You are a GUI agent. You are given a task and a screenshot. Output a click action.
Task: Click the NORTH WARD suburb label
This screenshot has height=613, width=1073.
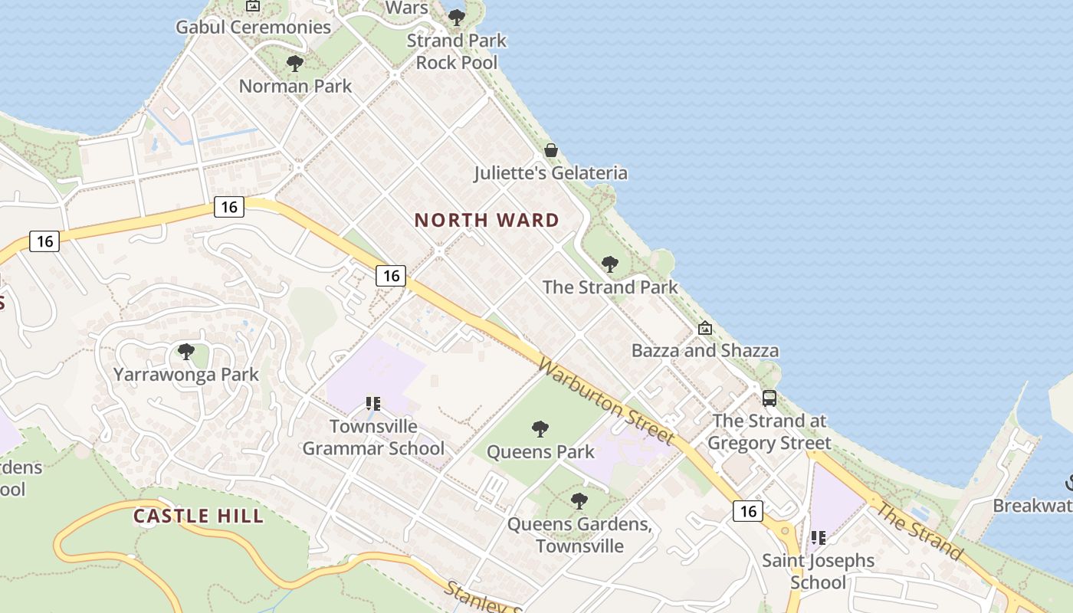(487, 221)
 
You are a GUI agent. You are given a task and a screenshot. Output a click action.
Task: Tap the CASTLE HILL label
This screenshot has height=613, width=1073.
(199, 516)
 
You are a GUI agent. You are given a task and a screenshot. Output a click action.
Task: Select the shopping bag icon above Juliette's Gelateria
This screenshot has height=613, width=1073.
(550, 150)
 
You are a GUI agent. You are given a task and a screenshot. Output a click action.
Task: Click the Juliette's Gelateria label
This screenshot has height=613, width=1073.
(550, 173)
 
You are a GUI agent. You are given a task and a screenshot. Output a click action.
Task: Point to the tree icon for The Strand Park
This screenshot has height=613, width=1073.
(610, 264)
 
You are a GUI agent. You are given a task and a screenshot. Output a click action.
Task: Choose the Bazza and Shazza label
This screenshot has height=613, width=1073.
(704, 351)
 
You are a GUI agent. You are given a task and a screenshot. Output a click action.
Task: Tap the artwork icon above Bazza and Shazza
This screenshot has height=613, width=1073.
(704, 329)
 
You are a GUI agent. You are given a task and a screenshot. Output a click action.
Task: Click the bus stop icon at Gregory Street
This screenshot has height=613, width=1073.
(769, 398)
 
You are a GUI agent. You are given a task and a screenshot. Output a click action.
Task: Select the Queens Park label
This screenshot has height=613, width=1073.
(540, 451)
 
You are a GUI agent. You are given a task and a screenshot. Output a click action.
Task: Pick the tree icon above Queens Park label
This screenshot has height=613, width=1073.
(540, 428)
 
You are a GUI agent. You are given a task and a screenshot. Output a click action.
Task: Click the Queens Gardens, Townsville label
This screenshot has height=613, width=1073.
(579, 536)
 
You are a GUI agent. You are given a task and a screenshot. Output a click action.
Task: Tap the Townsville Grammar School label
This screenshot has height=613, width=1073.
(373, 437)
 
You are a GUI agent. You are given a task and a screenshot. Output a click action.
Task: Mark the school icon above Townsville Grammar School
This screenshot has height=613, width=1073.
(373, 403)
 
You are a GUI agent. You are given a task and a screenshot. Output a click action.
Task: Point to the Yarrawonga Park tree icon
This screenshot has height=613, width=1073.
(185, 352)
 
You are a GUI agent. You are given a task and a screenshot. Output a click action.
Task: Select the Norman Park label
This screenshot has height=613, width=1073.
(295, 86)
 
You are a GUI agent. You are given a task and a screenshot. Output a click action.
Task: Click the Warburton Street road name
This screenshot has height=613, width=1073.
(605, 400)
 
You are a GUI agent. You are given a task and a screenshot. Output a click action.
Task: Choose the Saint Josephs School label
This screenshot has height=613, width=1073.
(818, 571)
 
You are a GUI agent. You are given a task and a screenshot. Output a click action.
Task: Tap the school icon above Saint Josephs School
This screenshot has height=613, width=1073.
(819, 538)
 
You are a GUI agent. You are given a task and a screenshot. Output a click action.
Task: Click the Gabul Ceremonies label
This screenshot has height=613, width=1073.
(253, 28)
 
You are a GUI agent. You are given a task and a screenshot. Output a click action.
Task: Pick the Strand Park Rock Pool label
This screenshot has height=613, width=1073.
(457, 51)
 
